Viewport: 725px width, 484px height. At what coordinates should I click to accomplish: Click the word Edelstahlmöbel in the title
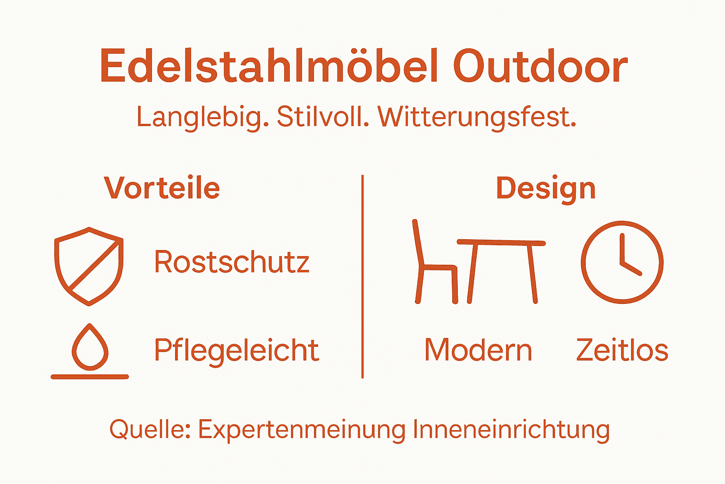click(x=270, y=66)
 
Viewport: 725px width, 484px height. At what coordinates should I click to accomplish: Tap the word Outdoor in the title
click(x=540, y=66)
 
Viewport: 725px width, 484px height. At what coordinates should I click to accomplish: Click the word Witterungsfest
click(x=477, y=117)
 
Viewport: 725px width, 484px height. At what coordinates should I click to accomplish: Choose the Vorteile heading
click(x=162, y=188)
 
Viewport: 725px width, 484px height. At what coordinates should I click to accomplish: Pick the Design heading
click(x=546, y=188)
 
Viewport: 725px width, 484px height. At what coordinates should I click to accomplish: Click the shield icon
click(x=89, y=266)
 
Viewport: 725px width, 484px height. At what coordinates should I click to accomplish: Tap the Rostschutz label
click(x=232, y=262)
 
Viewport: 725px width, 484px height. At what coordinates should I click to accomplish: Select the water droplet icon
click(x=90, y=347)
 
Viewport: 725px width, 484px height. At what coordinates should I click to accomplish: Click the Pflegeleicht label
click(x=236, y=350)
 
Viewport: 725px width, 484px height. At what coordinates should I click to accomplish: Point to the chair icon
click(x=434, y=265)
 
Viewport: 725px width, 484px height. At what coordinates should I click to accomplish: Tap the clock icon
click(x=622, y=262)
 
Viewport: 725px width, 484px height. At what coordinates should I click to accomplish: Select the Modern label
click(x=478, y=350)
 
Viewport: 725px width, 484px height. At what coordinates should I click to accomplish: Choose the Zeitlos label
click(x=622, y=350)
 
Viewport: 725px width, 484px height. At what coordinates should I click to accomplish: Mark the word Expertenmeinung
click(x=302, y=430)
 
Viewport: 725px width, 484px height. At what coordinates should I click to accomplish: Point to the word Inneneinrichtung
click(x=511, y=430)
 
